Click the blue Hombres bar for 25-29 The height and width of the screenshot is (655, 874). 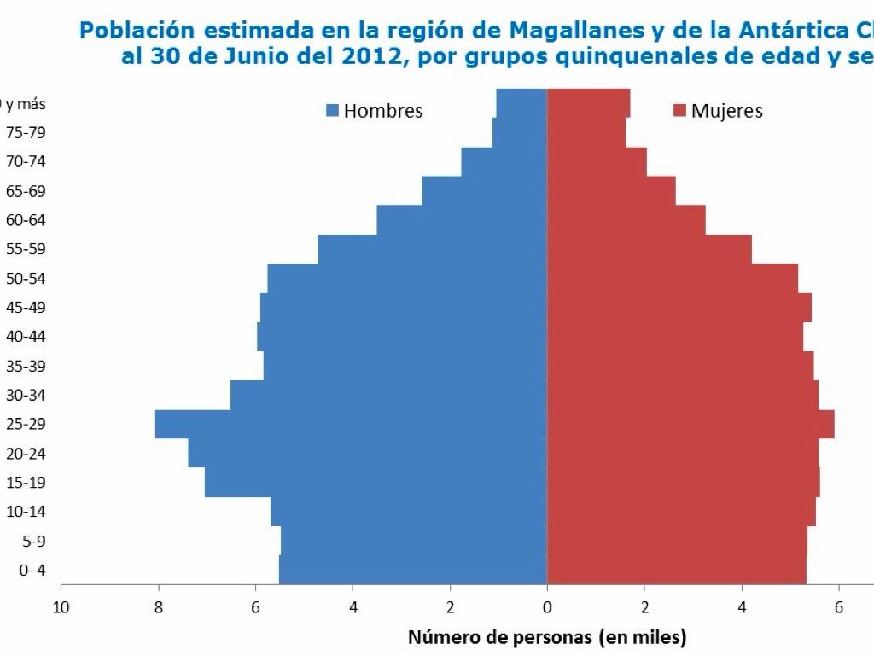[350, 424]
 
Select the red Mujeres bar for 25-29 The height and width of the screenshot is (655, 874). [690, 424]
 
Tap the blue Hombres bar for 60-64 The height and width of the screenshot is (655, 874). [462, 220]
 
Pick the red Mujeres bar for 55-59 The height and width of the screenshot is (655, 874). [649, 249]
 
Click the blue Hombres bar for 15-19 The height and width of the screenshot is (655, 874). [376, 483]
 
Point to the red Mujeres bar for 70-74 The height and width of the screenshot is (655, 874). [597, 161]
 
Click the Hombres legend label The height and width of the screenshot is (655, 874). [383, 111]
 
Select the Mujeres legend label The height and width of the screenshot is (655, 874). [727, 111]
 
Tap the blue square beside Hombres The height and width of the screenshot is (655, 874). [333, 111]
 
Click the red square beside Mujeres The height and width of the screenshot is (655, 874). [680, 111]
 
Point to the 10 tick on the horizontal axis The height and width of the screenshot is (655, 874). [61, 606]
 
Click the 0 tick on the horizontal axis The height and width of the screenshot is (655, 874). [547, 606]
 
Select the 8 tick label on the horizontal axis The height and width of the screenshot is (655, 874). [158, 606]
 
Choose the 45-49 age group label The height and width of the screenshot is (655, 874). [26, 307]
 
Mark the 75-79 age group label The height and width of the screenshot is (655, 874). [26, 132]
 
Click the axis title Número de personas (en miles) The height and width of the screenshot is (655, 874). [547, 637]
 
